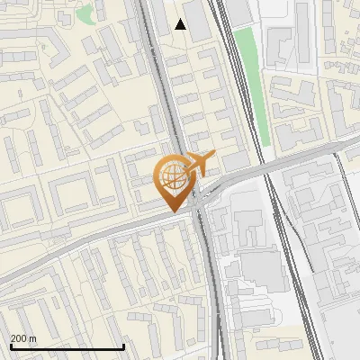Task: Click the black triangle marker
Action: pyautogui.click(x=181, y=24)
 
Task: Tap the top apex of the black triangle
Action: pyautogui.click(x=181, y=19)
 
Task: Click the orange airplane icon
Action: pyautogui.click(x=199, y=165)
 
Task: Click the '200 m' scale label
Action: pyautogui.click(x=23, y=338)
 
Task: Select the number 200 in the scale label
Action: pyautogui.click(x=19, y=338)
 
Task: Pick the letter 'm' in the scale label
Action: pyautogui.click(x=33, y=338)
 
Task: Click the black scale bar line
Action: pyautogui.click(x=67, y=346)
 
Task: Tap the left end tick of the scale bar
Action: pyautogui.click(x=10, y=345)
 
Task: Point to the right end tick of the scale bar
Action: pyautogui.click(x=123, y=345)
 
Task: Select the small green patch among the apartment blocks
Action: pyautogui.click(x=84, y=14)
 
